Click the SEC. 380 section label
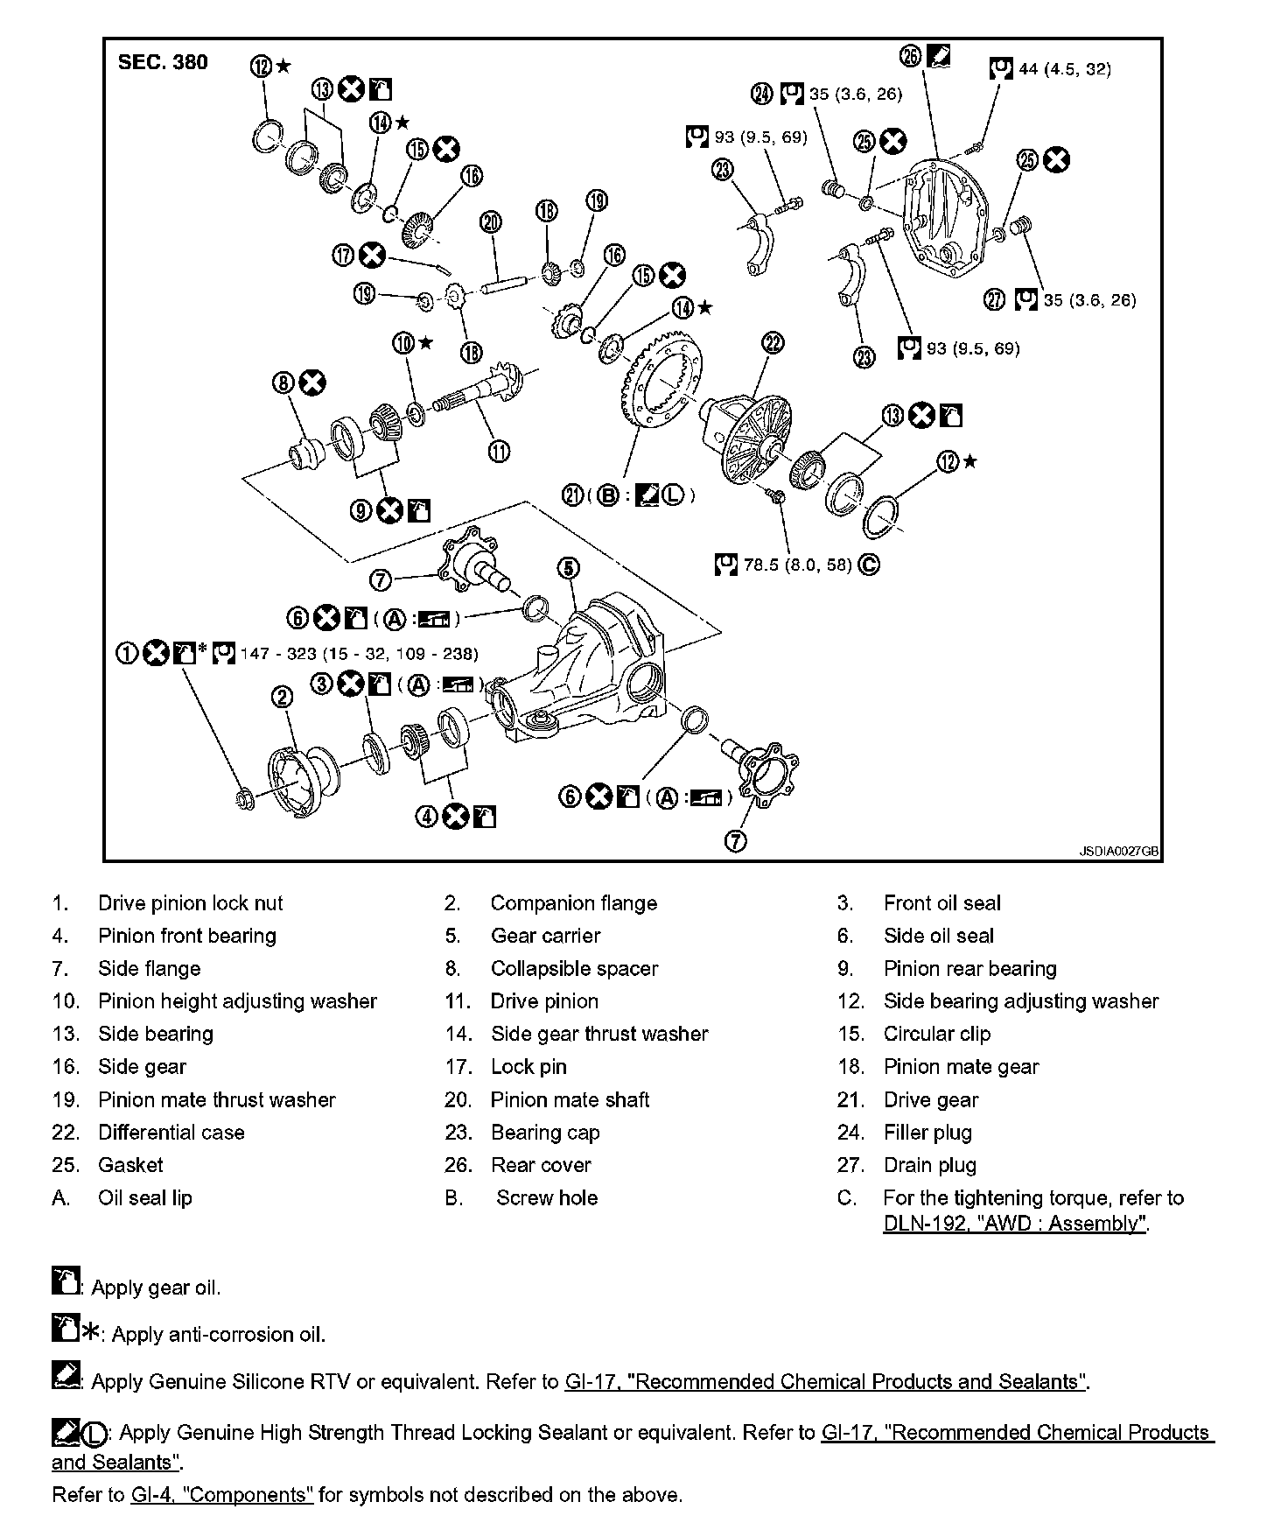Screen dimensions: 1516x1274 click(163, 62)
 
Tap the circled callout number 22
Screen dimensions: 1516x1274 click(773, 342)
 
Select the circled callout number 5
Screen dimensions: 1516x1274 click(568, 569)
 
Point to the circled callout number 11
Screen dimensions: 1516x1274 click(499, 452)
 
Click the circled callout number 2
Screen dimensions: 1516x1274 click(282, 697)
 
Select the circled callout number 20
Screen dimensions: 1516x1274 click(491, 221)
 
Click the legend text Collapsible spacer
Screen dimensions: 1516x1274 click(574, 969)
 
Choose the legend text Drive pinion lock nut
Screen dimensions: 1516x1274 click(190, 903)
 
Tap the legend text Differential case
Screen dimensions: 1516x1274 click(171, 1133)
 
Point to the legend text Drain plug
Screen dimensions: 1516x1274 click(929, 1165)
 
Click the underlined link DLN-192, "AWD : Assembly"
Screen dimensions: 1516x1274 click(1015, 1224)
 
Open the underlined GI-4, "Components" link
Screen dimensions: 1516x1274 click(221, 1495)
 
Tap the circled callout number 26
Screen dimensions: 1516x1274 click(910, 56)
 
